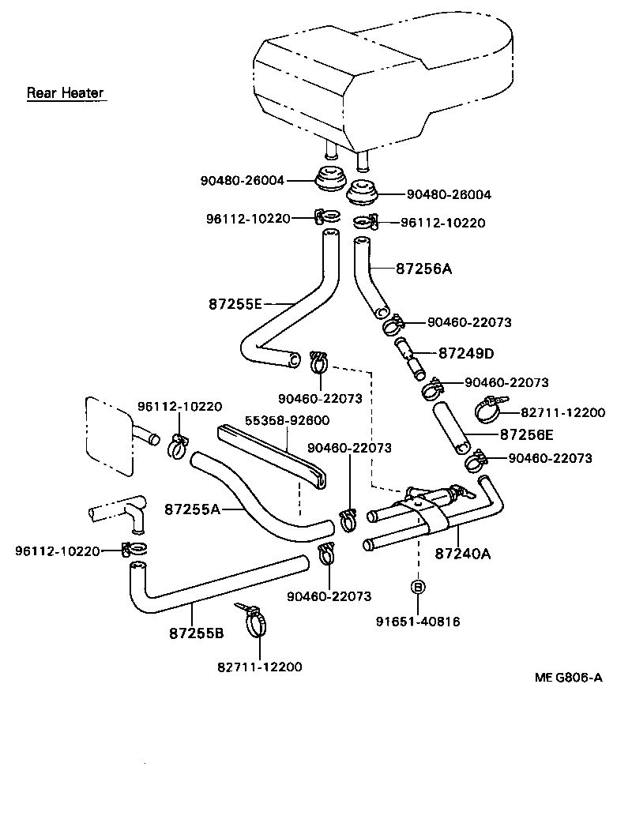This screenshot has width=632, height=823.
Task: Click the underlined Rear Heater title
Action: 65,93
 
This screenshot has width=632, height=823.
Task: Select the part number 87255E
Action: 235,303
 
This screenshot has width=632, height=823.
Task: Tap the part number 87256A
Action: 423,269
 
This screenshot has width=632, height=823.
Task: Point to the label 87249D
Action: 466,352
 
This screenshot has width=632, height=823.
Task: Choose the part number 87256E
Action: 526,434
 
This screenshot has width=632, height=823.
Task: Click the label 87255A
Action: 192,509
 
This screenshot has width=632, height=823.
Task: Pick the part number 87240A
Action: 462,554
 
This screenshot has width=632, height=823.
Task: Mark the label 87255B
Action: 196,633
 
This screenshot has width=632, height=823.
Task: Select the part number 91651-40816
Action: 419,622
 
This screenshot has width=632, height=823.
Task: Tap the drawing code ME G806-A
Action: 568,678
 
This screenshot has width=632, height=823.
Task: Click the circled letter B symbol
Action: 418,587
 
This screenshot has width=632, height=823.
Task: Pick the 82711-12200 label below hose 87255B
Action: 260,667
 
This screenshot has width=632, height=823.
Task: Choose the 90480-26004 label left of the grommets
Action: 241,181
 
